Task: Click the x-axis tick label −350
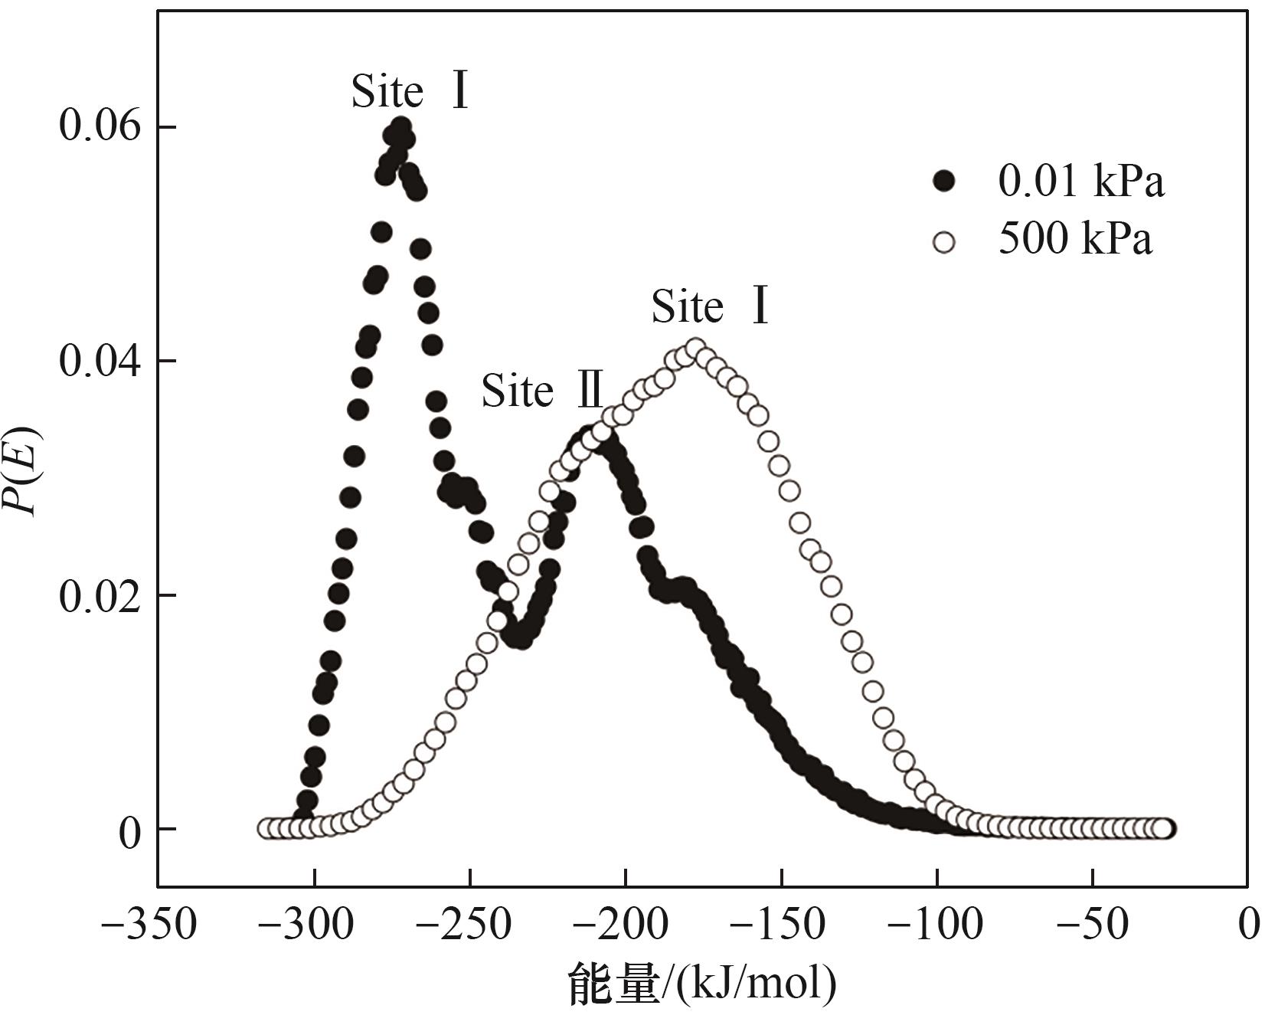(x=149, y=925)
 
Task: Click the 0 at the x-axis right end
(x=1249, y=925)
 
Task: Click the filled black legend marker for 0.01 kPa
(x=945, y=182)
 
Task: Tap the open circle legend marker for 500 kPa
(x=945, y=243)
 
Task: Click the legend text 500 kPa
(x=1074, y=241)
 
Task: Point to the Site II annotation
(x=542, y=392)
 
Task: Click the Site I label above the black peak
(x=410, y=92)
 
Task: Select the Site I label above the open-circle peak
(x=710, y=307)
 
